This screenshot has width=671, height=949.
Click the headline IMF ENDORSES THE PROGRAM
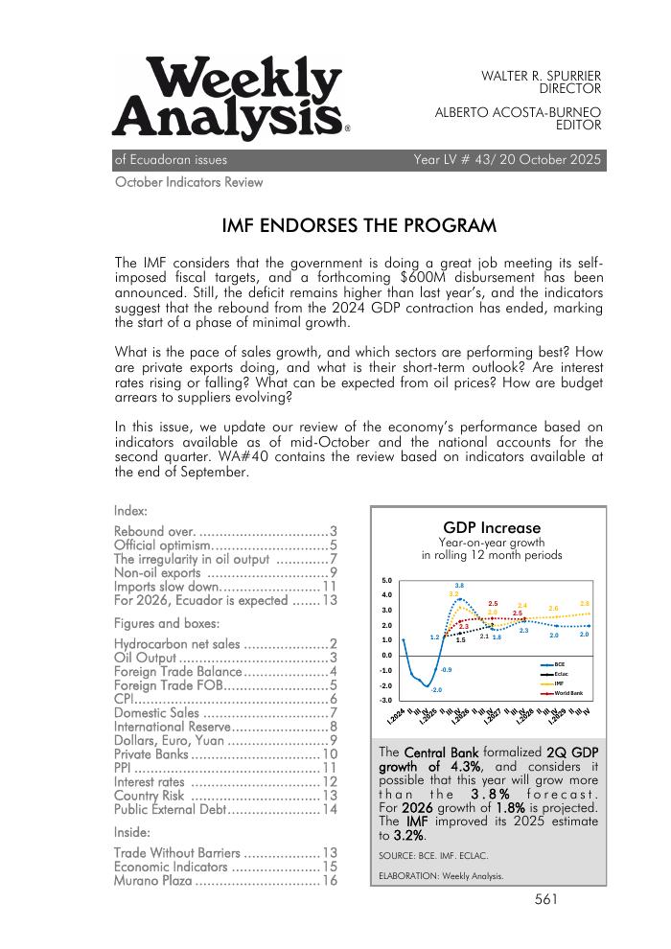(359, 227)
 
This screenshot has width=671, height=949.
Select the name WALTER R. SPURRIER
(541, 75)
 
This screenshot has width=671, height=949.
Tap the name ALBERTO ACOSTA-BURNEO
(518, 111)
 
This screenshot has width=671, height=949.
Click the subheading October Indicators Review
(189, 182)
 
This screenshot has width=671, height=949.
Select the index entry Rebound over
(154, 531)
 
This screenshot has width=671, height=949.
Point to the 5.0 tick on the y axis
(386, 580)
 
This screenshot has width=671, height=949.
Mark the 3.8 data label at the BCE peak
(459, 586)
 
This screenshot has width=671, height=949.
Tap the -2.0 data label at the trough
(436, 690)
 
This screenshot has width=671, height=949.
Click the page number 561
(546, 899)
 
